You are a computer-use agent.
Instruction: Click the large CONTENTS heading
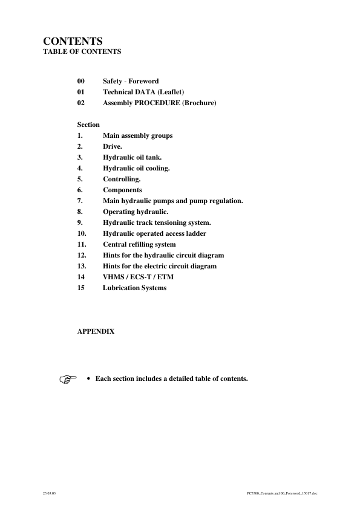(72, 41)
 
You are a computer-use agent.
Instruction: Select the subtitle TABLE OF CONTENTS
(82, 51)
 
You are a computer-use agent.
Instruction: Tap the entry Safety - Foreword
(131, 81)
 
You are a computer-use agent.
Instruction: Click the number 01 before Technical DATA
(81, 92)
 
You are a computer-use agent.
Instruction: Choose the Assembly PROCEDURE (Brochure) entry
(160, 103)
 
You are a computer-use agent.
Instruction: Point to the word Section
(88, 125)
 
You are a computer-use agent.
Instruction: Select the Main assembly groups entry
(137, 135)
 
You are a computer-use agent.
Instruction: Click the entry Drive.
(113, 146)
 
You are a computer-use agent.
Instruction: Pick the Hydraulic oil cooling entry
(136, 168)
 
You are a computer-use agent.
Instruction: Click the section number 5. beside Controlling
(80, 179)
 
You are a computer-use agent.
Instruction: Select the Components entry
(122, 190)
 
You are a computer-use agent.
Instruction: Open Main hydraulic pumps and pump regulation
(173, 201)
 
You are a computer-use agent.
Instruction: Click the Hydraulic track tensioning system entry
(157, 222)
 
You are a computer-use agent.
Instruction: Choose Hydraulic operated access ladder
(154, 233)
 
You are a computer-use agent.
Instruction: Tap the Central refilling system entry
(139, 244)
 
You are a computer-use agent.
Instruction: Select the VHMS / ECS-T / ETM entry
(133, 277)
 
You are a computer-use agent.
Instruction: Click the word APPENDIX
(96, 331)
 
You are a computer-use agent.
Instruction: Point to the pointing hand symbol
(69, 380)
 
